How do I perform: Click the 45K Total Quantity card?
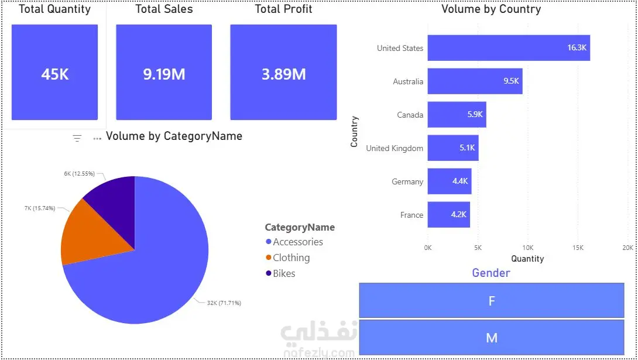point(54,72)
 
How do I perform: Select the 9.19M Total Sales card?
point(164,72)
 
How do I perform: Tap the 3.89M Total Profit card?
point(284,72)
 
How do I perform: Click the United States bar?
point(509,48)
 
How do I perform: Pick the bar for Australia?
point(475,81)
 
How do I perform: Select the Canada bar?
point(457,115)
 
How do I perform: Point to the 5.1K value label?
point(467,148)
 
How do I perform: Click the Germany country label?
point(407,182)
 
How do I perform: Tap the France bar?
point(449,215)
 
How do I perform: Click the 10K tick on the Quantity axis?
point(528,248)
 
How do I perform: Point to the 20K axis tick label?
point(628,248)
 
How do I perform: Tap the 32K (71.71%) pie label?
point(224,303)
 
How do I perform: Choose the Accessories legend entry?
point(294,242)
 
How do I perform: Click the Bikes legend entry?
point(280,273)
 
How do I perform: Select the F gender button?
point(492,300)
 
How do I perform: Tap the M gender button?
point(492,337)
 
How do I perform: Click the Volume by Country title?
point(491,9)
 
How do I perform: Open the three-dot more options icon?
point(97,139)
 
